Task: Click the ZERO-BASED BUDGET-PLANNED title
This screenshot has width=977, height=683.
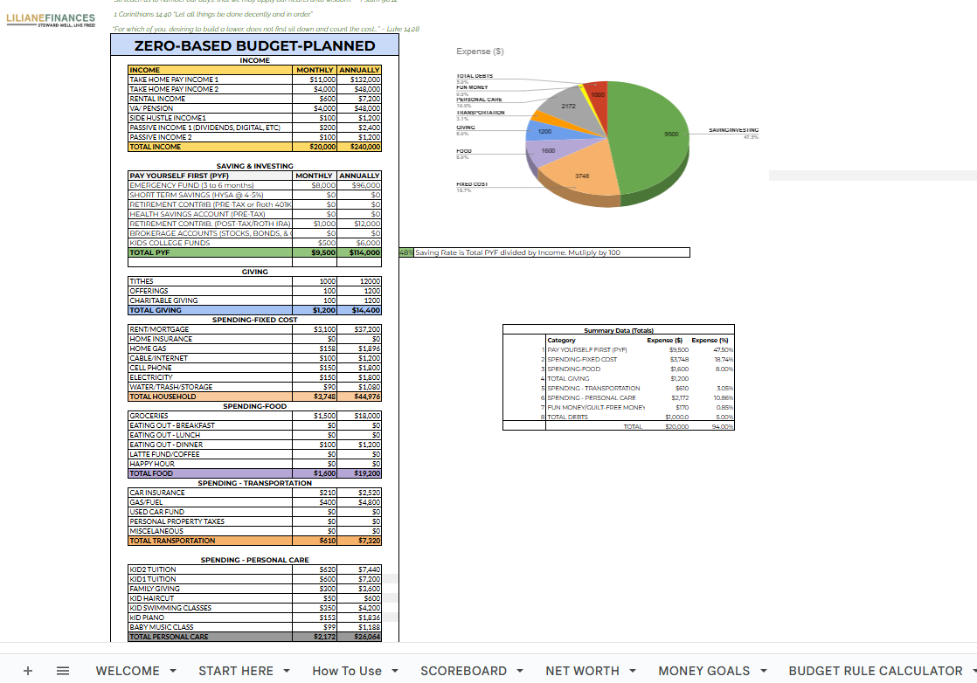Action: pyautogui.click(x=254, y=46)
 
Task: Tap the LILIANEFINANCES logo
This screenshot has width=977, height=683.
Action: pyautogui.click(x=51, y=18)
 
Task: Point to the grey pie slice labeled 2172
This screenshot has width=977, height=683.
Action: pyautogui.click(x=566, y=106)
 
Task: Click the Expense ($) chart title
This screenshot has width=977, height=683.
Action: pyautogui.click(x=480, y=52)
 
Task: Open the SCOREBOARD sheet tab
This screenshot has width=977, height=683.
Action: pyautogui.click(x=463, y=671)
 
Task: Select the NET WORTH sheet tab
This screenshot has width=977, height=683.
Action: pyautogui.click(x=582, y=671)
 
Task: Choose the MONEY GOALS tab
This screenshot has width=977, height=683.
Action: pyautogui.click(x=703, y=671)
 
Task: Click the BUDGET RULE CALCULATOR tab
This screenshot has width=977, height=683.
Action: pyautogui.click(x=875, y=671)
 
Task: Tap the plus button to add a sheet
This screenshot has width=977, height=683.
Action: pyautogui.click(x=28, y=671)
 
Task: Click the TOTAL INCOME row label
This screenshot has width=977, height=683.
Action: pyautogui.click(x=156, y=147)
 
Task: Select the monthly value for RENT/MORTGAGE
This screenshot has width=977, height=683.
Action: pyautogui.click(x=315, y=329)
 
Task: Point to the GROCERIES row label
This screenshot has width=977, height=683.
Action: pyautogui.click(x=148, y=416)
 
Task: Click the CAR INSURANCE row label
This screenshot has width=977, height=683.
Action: pyautogui.click(x=157, y=493)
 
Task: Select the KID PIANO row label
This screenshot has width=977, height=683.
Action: pyautogui.click(x=147, y=617)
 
